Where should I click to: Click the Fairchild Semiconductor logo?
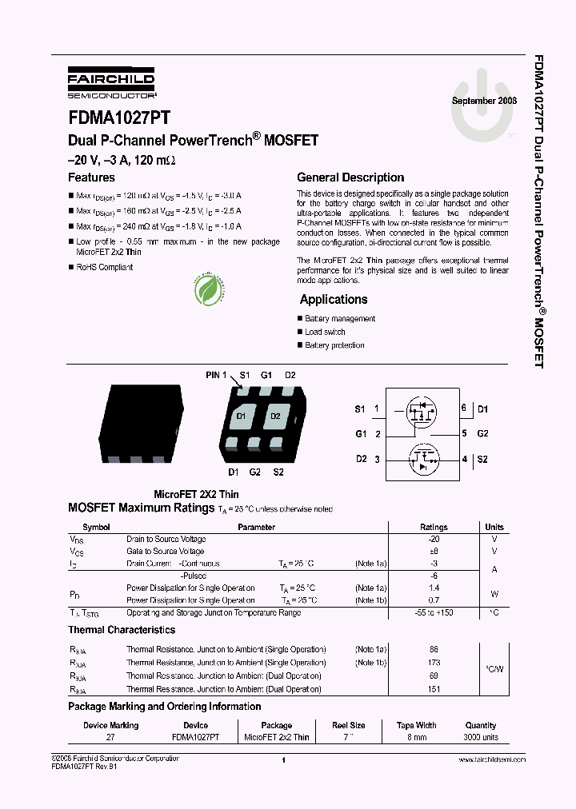(111, 82)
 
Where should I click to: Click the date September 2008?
(484, 101)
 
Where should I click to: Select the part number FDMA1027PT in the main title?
(118, 118)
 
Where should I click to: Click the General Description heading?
(350, 177)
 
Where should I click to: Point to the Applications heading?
(334, 300)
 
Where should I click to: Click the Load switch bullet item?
(325, 332)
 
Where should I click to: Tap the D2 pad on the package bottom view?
(275, 416)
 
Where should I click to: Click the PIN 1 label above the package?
(216, 375)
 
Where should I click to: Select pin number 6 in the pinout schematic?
(463, 408)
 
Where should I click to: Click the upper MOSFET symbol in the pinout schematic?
(422, 412)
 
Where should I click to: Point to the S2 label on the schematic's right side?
(482, 459)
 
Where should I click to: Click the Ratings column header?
(434, 528)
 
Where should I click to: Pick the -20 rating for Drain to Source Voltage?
(434, 540)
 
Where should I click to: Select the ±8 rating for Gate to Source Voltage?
(434, 552)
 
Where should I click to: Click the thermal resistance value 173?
(434, 664)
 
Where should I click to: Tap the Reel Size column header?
(348, 726)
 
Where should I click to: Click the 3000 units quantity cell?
(480, 737)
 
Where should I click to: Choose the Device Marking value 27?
(110, 737)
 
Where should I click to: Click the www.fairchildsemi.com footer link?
(492, 759)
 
